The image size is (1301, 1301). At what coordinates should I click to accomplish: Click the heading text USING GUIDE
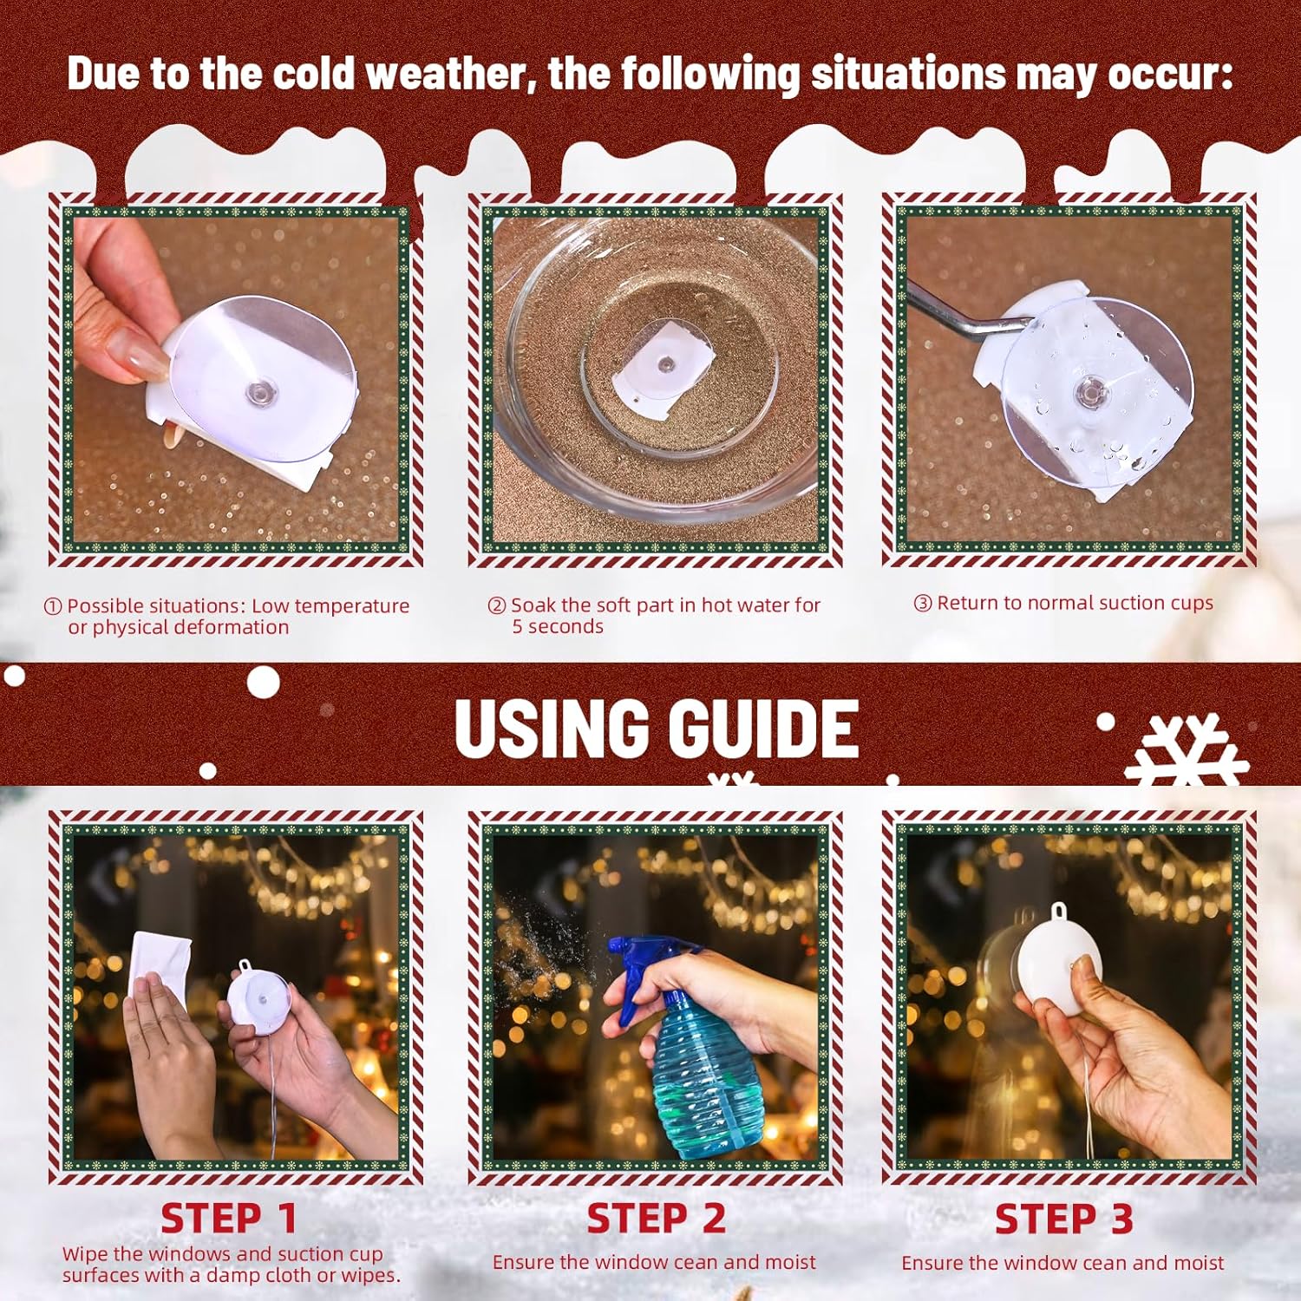(x=657, y=729)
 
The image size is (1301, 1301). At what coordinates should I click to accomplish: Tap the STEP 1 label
(x=229, y=1219)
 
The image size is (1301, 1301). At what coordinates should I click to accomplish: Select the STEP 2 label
(x=656, y=1219)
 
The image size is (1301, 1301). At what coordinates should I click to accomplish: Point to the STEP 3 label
(x=1063, y=1219)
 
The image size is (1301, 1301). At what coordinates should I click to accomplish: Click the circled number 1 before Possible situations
(x=53, y=607)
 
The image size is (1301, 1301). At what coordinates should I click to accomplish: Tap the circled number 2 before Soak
(x=496, y=606)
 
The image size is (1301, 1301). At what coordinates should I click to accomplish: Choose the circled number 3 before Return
(x=922, y=604)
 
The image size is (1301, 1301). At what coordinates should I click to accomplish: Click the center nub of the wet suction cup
(x=1090, y=393)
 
